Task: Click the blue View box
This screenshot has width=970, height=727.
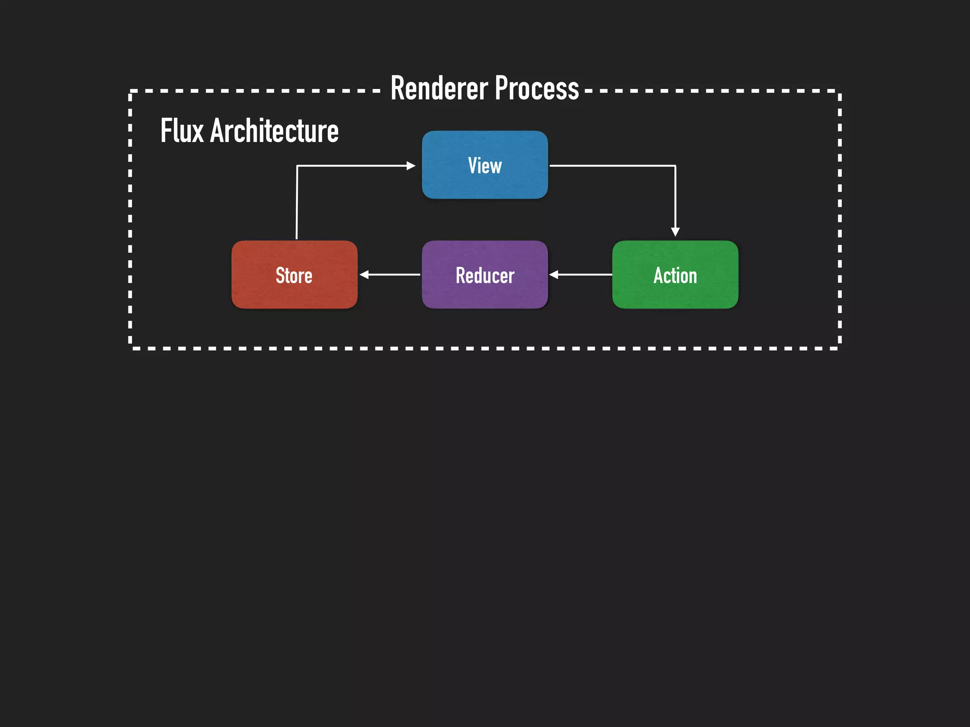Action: pos(485,165)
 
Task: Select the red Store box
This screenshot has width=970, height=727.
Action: pos(294,275)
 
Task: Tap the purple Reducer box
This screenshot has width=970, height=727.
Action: pos(485,275)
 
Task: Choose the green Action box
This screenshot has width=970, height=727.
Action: pos(675,275)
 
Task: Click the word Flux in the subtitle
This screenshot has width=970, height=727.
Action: pos(182,131)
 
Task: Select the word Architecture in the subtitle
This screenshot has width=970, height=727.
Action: pos(274,131)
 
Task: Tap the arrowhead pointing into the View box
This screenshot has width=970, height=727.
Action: pos(411,166)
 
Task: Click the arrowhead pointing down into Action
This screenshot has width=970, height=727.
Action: pos(675,231)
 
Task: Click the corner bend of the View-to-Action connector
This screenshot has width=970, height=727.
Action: pos(675,166)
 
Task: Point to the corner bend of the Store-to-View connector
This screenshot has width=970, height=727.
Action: pos(297,166)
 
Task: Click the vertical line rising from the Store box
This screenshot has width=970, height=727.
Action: pos(296,204)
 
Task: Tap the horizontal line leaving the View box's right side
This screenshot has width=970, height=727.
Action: pos(611,166)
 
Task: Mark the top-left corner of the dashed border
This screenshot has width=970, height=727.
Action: pos(130,91)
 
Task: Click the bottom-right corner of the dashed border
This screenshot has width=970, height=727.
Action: pos(840,348)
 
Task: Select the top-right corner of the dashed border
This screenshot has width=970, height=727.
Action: pos(840,91)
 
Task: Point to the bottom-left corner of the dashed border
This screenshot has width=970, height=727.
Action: pos(130,348)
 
